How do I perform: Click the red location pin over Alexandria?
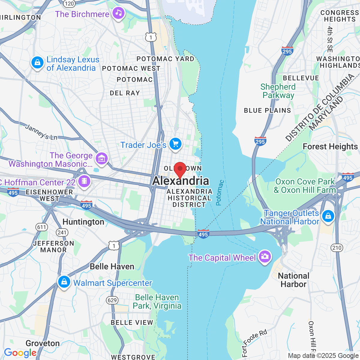[180, 169]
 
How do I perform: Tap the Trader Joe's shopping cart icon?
[175, 144]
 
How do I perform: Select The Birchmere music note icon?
[118, 13]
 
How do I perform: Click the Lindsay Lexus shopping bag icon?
[37, 63]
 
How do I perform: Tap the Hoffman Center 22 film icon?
[84, 181]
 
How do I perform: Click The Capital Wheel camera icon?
[264, 256]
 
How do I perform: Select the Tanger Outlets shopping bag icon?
[328, 216]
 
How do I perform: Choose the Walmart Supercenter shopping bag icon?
[64, 282]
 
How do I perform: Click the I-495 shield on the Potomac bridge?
[203, 234]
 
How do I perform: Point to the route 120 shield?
[69, 3]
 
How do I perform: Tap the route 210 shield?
[337, 248]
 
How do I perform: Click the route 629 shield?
[112, 300]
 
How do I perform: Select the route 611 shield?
[41, 227]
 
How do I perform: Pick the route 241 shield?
[62, 232]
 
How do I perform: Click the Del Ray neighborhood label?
[125, 93]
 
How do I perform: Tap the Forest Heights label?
[330, 146]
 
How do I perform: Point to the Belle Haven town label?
[112, 266]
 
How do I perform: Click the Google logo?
[20, 353]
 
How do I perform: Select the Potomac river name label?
[220, 193]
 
